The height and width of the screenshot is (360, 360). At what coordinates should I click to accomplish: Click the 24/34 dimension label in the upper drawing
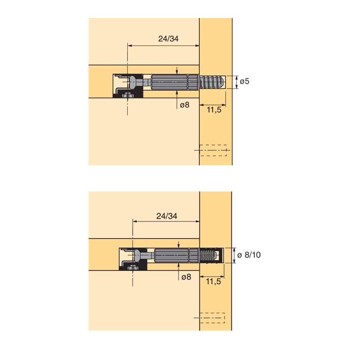pyautogui.click(x=168, y=39)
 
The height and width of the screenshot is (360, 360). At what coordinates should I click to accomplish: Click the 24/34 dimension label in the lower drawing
pyautogui.click(x=166, y=216)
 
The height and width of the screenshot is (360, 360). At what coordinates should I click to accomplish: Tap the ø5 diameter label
pyautogui.click(x=244, y=81)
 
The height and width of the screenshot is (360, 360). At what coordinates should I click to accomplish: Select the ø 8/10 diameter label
pyautogui.click(x=249, y=255)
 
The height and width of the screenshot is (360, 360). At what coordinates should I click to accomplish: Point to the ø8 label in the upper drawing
pyautogui.click(x=184, y=105)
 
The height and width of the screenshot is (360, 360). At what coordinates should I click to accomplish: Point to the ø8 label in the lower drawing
pyautogui.click(x=186, y=277)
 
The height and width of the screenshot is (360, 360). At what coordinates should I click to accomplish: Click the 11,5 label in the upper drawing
pyautogui.click(x=214, y=110)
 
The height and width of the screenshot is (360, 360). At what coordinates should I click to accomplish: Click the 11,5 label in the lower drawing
pyautogui.click(x=213, y=282)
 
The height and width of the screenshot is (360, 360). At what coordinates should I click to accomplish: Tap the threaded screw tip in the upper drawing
pyautogui.click(x=211, y=82)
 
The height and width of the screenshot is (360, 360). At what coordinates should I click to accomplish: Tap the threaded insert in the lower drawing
pyautogui.click(x=210, y=255)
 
